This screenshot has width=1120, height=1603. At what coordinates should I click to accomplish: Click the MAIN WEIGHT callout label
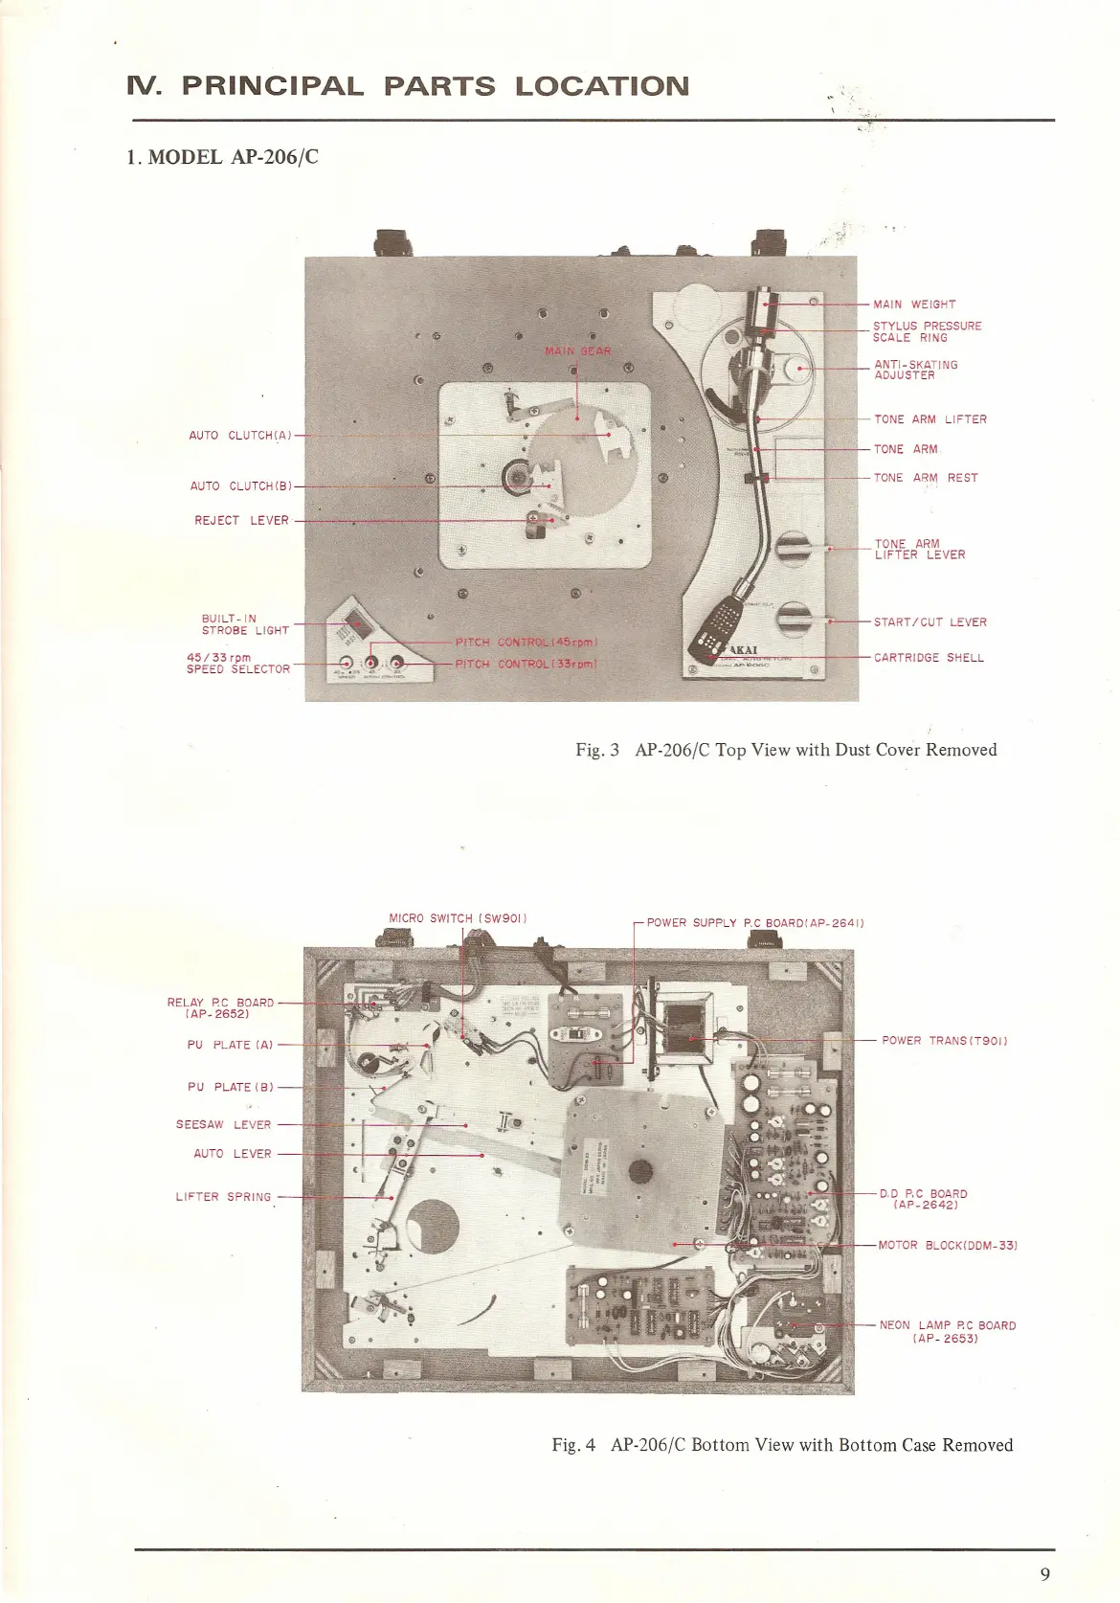click(913, 305)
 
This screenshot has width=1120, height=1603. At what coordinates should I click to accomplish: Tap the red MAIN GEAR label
click(577, 351)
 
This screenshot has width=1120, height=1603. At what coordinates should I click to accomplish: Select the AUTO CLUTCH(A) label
click(239, 436)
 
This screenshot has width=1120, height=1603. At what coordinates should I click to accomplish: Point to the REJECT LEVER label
click(241, 521)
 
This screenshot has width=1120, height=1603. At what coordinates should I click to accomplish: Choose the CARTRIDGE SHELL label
click(929, 658)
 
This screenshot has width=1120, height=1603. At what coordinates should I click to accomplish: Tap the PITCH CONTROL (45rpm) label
click(526, 643)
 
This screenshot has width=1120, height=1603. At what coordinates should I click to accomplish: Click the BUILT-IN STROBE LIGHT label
click(244, 624)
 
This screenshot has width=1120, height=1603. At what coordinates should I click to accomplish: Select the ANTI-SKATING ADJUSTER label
click(915, 370)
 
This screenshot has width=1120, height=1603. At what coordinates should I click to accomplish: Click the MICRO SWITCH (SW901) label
click(458, 918)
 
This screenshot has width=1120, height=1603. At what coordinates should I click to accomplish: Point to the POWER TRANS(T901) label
click(944, 1041)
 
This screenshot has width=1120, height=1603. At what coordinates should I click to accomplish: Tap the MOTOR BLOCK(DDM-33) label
click(947, 1246)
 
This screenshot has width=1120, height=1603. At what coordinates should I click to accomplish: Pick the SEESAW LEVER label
click(223, 1125)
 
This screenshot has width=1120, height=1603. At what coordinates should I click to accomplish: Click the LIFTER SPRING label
click(223, 1197)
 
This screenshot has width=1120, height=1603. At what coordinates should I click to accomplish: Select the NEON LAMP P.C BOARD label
click(947, 1331)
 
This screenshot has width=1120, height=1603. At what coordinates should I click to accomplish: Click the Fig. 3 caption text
click(785, 750)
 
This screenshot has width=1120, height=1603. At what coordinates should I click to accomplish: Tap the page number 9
click(1044, 1574)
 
